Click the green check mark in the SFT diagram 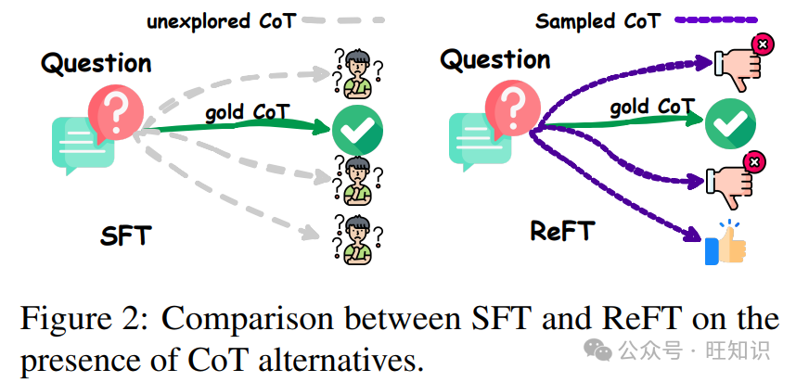coord(357,134)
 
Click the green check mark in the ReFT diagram coord(731,122)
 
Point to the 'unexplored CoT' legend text coord(221,20)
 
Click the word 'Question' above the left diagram coord(96,64)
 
